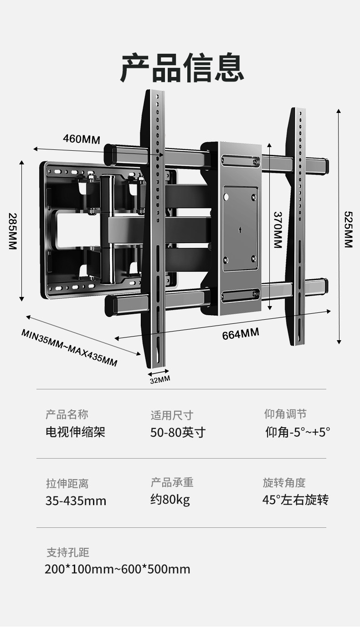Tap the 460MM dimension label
[x=81, y=139]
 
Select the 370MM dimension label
[x=278, y=230]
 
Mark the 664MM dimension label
[x=241, y=334]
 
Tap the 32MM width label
[x=159, y=379]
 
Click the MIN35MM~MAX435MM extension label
[x=69, y=347]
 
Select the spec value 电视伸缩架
[x=75, y=432]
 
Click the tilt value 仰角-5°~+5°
[x=298, y=432]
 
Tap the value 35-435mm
[x=76, y=501]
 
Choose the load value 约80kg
[x=170, y=500]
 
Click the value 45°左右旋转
[x=295, y=500]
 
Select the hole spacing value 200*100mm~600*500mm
[x=118, y=569]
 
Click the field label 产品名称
[x=67, y=414]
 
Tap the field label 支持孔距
[x=68, y=553]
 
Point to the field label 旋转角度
[x=284, y=483]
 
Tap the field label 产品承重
[x=172, y=483]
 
